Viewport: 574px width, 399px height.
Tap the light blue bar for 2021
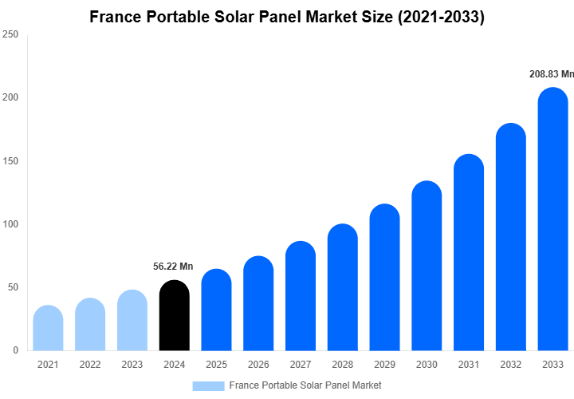coord(49,329)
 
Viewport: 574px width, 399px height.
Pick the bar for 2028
coord(343,287)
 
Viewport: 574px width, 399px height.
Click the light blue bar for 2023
coord(132,321)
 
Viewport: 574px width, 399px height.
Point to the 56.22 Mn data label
coord(173,267)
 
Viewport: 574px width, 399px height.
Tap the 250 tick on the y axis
coord(10,34)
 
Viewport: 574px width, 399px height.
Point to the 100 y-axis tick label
coord(10,224)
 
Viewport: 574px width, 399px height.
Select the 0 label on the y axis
coord(15,350)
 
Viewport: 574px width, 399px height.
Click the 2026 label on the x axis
coord(258,365)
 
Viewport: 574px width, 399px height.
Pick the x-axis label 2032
coord(510,365)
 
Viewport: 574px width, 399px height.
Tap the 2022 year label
coord(90,365)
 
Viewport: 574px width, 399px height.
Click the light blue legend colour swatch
coord(208,385)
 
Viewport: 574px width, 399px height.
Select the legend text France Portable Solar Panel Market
coord(305,385)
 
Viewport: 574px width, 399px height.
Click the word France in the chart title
coord(116,17)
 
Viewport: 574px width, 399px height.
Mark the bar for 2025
coord(216,310)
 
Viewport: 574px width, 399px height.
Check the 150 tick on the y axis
coord(10,161)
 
